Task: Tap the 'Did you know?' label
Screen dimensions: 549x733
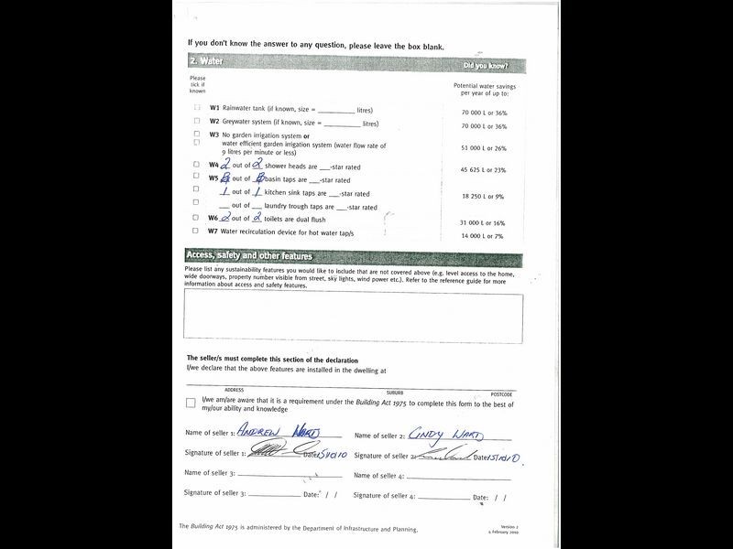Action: point(486,66)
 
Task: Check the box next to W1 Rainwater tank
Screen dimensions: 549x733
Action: point(197,108)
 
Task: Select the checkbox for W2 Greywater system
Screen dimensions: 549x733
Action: point(197,121)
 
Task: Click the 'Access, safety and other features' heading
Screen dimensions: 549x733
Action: point(249,256)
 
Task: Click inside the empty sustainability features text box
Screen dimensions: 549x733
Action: point(354,318)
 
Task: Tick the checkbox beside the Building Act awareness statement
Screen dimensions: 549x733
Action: point(191,403)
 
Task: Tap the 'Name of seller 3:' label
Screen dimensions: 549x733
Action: point(210,473)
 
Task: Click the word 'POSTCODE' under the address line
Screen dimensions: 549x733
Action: point(501,393)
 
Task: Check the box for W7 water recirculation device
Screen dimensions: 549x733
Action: point(197,231)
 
